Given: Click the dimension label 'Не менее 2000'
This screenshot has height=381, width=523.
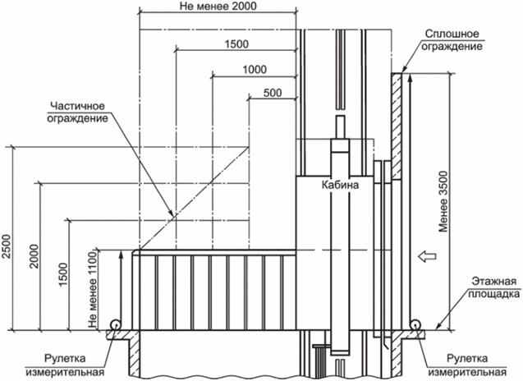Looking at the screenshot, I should (218, 7).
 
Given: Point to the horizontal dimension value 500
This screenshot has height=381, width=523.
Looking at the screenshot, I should (273, 92).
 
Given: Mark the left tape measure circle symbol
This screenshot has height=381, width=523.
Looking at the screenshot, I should (117, 325).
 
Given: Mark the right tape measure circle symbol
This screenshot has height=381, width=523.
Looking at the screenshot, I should (415, 326).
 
